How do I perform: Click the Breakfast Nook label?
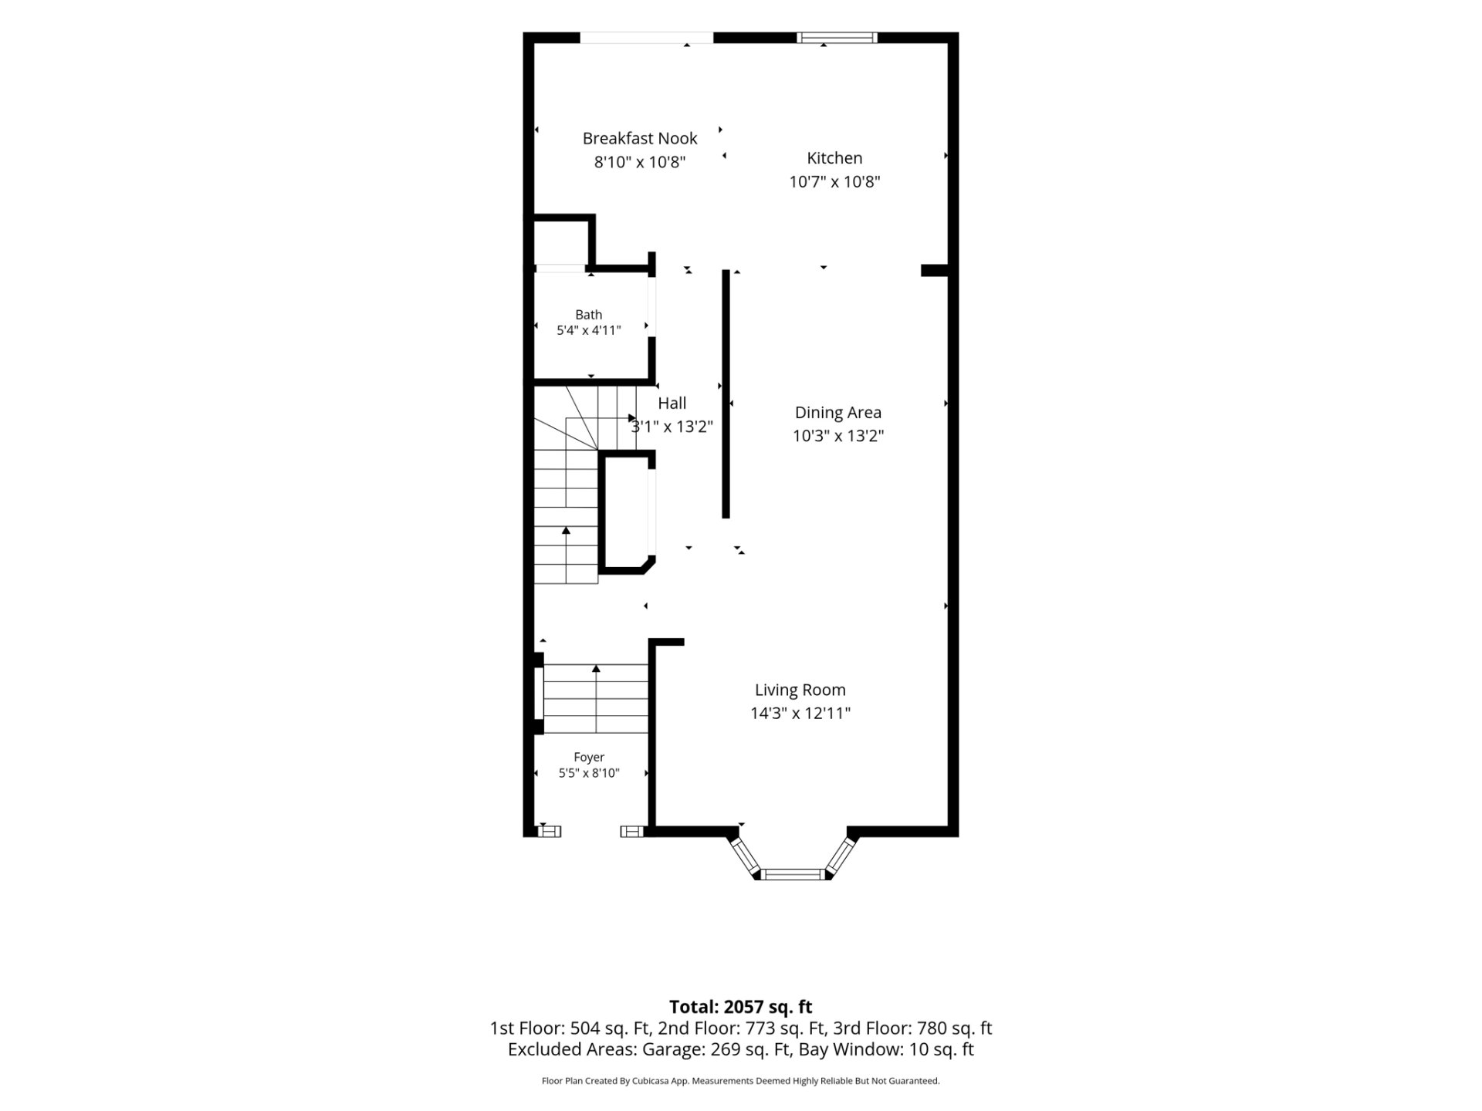pos(640,139)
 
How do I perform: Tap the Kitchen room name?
pos(834,158)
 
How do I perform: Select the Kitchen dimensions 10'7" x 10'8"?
pos(834,182)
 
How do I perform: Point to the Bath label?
pos(589,315)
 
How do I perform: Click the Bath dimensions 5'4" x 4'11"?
pos(589,330)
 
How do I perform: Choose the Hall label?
pos(672,403)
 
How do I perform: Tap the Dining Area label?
pos(838,413)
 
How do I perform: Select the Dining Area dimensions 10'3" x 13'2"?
pos(838,436)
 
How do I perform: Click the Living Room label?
pos(800,690)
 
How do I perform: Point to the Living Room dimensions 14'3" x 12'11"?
pos(800,713)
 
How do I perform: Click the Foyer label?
pos(589,758)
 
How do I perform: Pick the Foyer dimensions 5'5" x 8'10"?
pos(589,773)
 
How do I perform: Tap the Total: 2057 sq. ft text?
pos(741,1007)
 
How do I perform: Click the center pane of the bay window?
pos(793,874)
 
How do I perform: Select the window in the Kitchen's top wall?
pos(837,37)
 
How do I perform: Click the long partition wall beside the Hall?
pos(726,393)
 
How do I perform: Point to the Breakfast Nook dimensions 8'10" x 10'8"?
pos(640,162)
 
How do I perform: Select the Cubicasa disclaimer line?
pos(741,1081)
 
